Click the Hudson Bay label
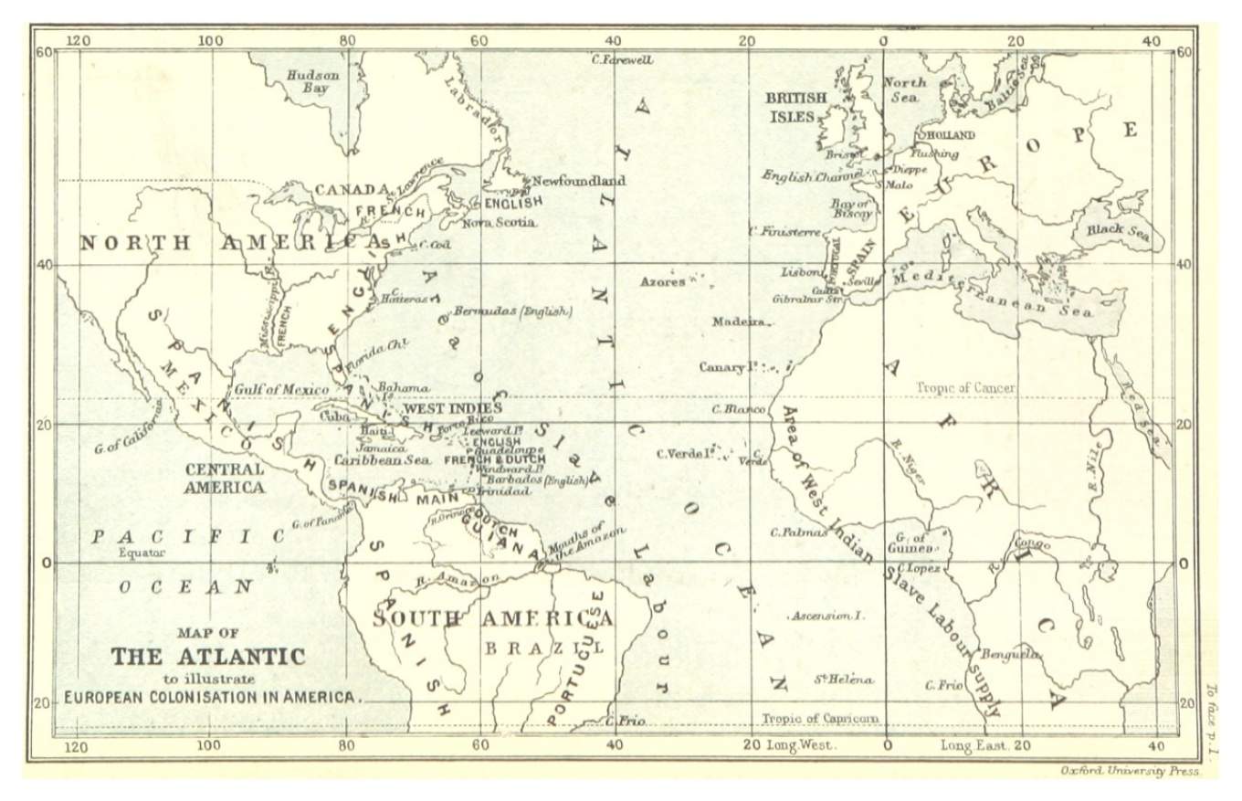[x=313, y=82]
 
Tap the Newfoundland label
[x=579, y=180]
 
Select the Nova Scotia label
[x=499, y=222]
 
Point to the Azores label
[x=662, y=282]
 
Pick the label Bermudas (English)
[x=513, y=311]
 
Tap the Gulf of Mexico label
[x=281, y=389]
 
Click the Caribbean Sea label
[x=384, y=460]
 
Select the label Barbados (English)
[x=537, y=479]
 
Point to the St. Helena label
[x=843, y=680]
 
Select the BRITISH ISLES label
[x=796, y=107]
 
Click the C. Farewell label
[x=622, y=60]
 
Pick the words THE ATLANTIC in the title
[x=208, y=656]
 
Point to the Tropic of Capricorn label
[x=820, y=718]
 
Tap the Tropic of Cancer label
[x=965, y=388]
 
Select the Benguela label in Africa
[x=1010, y=654]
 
